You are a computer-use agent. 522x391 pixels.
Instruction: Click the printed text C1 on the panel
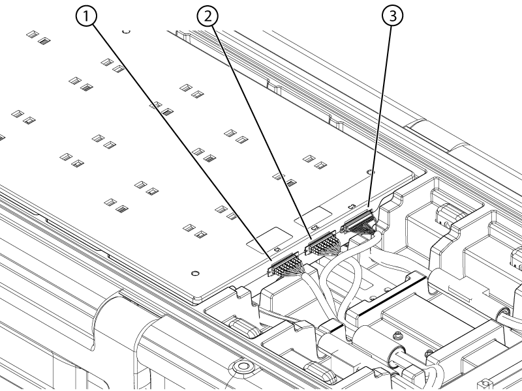pyautogui.click(x=277, y=250)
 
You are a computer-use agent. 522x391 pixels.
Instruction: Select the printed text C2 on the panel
pyautogui.click(x=314, y=227)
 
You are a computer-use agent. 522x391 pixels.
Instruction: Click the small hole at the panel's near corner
pyautogui.click(x=194, y=272)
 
